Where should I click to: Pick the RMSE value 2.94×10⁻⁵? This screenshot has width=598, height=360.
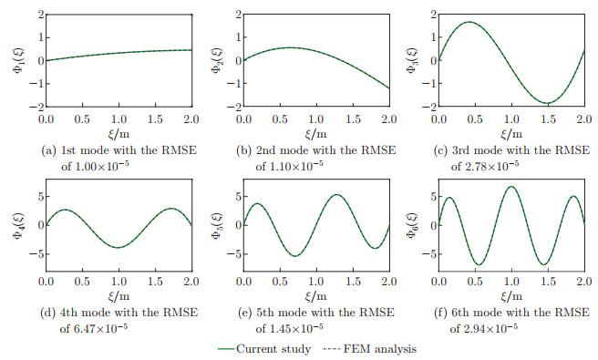click(505, 325)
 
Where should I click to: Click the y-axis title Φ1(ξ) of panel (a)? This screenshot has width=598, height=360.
click(16, 60)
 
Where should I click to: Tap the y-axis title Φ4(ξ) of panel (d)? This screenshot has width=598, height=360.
click(16, 224)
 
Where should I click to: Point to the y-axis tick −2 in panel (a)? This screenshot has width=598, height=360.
click(32, 107)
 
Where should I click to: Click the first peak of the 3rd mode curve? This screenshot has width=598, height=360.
click(469, 22)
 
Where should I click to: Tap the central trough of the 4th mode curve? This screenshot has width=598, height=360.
click(117, 247)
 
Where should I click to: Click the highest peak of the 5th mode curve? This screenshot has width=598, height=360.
click(336, 194)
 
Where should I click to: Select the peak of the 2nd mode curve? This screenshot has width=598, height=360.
click(287, 47)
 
